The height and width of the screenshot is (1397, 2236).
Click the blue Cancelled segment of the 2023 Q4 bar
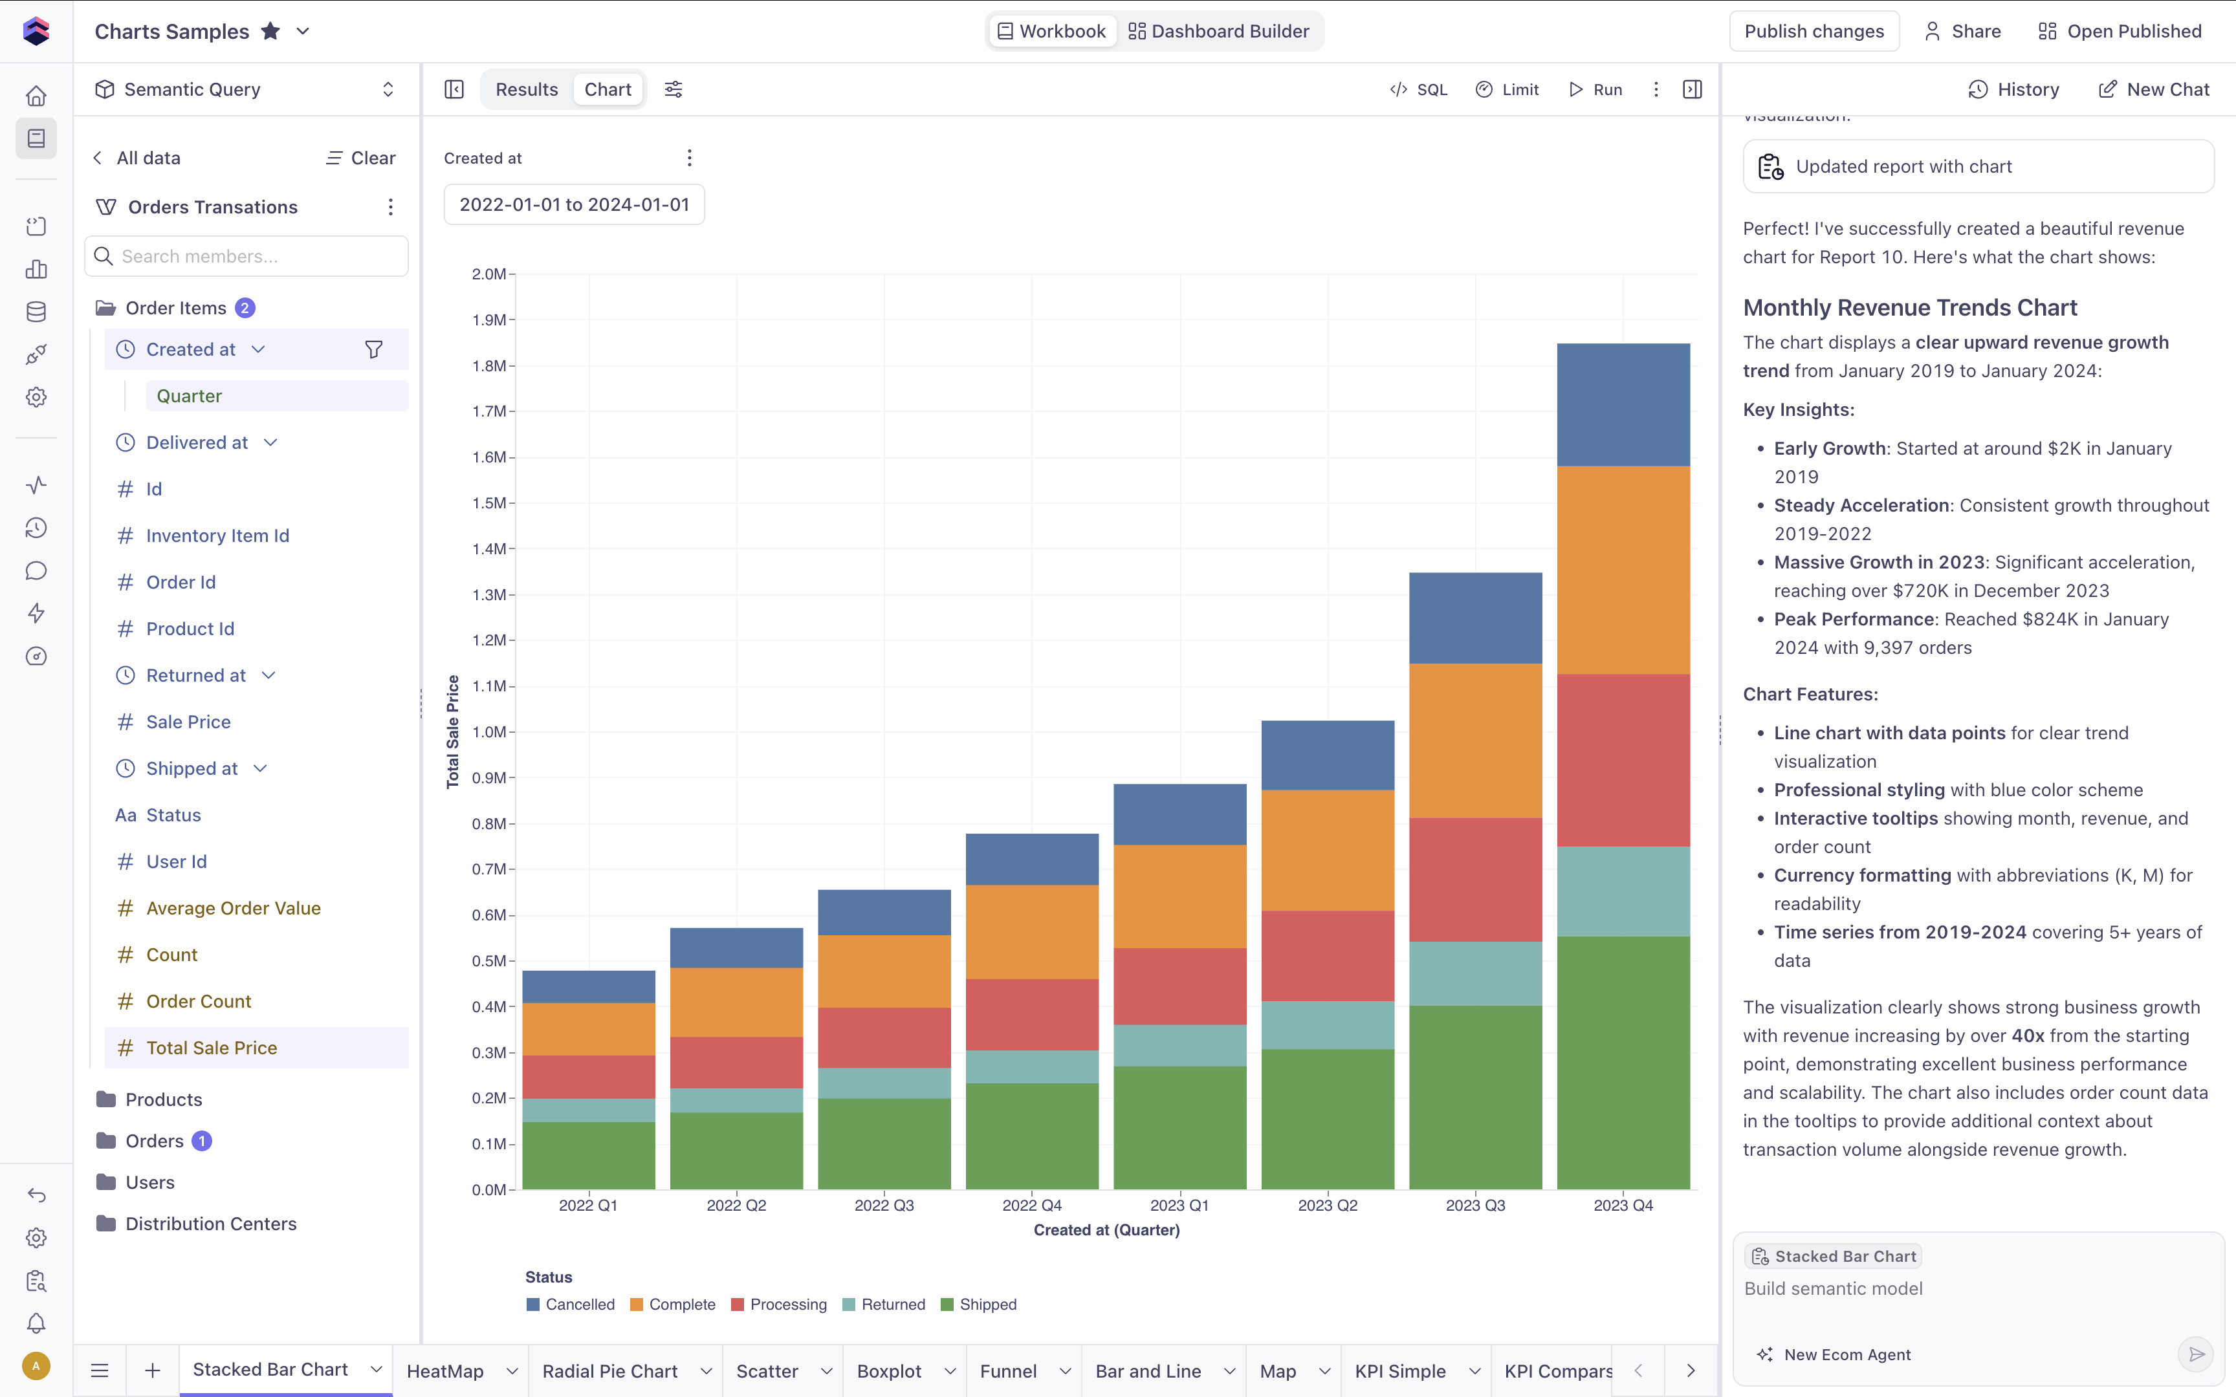(1623, 405)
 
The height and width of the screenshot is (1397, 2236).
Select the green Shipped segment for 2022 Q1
(589, 1155)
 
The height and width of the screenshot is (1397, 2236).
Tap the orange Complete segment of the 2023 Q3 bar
(1476, 741)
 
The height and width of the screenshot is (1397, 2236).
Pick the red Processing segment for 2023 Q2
(1328, 957)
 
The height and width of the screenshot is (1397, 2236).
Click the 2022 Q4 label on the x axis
(1032, 1205)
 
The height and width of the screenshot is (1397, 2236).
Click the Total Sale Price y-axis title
(453, 731)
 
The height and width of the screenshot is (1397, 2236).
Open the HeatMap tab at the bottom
(445, 1371)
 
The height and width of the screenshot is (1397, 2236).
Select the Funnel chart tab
(1008, 1371)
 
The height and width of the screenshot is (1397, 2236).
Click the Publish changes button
(1814, 32)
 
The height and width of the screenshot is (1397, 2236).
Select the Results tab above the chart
(527, 90)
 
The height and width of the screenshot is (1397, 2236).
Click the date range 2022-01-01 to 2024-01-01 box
(574, 204)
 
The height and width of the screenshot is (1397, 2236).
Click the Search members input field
(247, 256)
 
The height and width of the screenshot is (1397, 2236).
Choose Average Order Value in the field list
(233, 908)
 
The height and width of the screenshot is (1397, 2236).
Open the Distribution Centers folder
(211, 1223)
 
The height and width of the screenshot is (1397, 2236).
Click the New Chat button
(2154, 90)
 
